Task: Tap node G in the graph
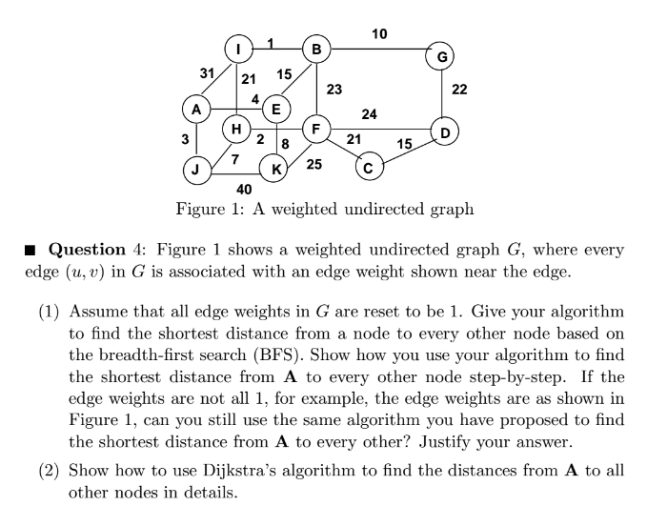click(x=440, y=57)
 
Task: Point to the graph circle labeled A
click(x=196, y=110)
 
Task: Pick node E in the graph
click(x=275, y=110)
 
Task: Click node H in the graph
click(x=237, y=129)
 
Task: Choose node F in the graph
click(x=315, y=129)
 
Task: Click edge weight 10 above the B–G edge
click(x=379, y=34)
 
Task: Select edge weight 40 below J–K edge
click(x=243, y=190)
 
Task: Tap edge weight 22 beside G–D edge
click(x=459, y=90)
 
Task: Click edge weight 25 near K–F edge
click(x=313, y=164)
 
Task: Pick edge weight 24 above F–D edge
click(x=370, y=114)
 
